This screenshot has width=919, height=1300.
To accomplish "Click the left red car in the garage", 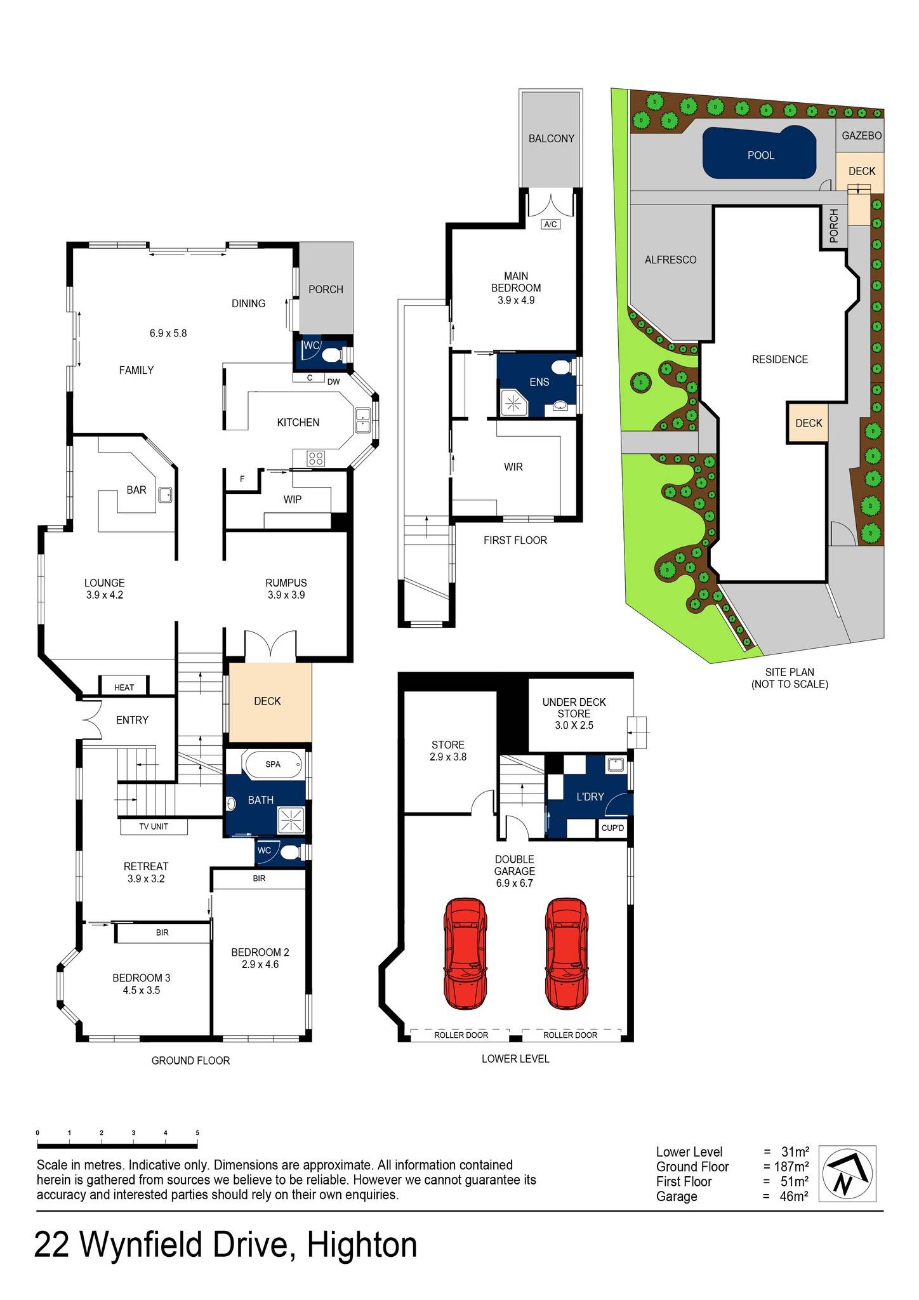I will tap(465, 953).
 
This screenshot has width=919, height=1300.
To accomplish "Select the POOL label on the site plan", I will tap(760, 156).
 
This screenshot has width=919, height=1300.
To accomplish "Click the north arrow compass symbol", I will tap(847, 1174).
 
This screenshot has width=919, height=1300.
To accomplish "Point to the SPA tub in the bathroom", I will tap(273, 764).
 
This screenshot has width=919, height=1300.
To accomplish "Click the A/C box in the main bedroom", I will tap(550, 225).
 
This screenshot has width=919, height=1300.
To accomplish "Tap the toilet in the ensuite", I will tap(560, 368).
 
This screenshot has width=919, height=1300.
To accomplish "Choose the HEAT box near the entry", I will tap(124, 687).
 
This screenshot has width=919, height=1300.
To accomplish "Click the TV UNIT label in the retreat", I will tap(154, 826).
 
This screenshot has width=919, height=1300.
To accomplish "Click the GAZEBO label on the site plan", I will tap(861, 136).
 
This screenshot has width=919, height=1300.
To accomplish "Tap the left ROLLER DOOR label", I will tap(461, 1035).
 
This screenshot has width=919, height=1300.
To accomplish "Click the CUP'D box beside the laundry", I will tap(613, 828).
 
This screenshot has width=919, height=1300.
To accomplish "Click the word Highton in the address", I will tap(362, 1245).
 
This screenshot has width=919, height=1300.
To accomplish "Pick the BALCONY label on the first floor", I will tap(551, 138).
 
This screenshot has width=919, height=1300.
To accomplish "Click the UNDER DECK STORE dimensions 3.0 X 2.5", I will tap(574, 725).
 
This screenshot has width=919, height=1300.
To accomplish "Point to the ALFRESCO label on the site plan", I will tap(670, 260).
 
